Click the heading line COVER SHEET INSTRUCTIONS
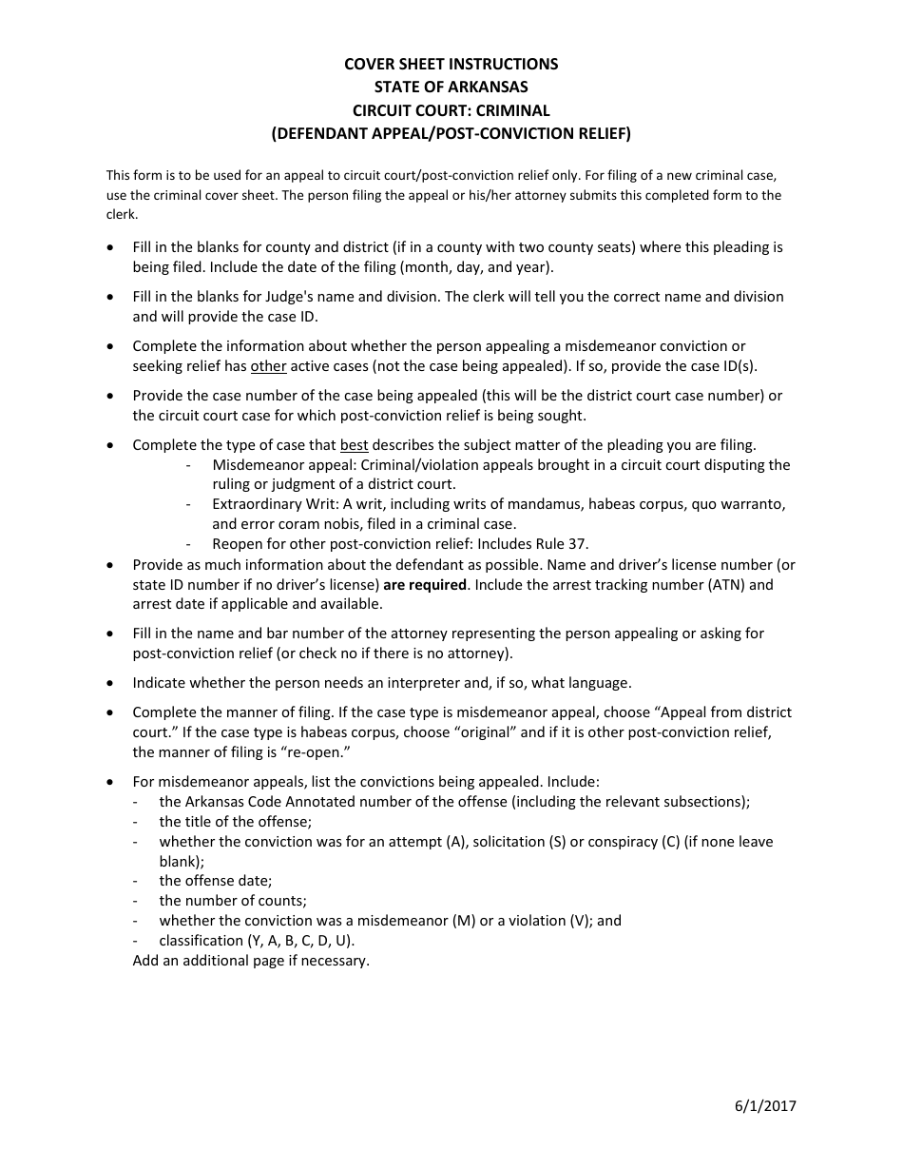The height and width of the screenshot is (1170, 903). click(x=451, y=64)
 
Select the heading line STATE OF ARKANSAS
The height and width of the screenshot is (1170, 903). click(x=451, y=88)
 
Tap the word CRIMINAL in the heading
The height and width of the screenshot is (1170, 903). click(x=512, y=110)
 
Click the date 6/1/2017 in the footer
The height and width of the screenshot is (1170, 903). click(x=765, y=1105)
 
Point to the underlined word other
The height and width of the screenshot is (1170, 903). click(x=268, y=366)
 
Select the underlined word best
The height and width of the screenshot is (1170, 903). click(x=354, y=445)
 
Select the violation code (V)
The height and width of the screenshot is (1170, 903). click(x=580, y=921)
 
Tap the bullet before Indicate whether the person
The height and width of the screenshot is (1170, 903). click(x=113, y=683)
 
